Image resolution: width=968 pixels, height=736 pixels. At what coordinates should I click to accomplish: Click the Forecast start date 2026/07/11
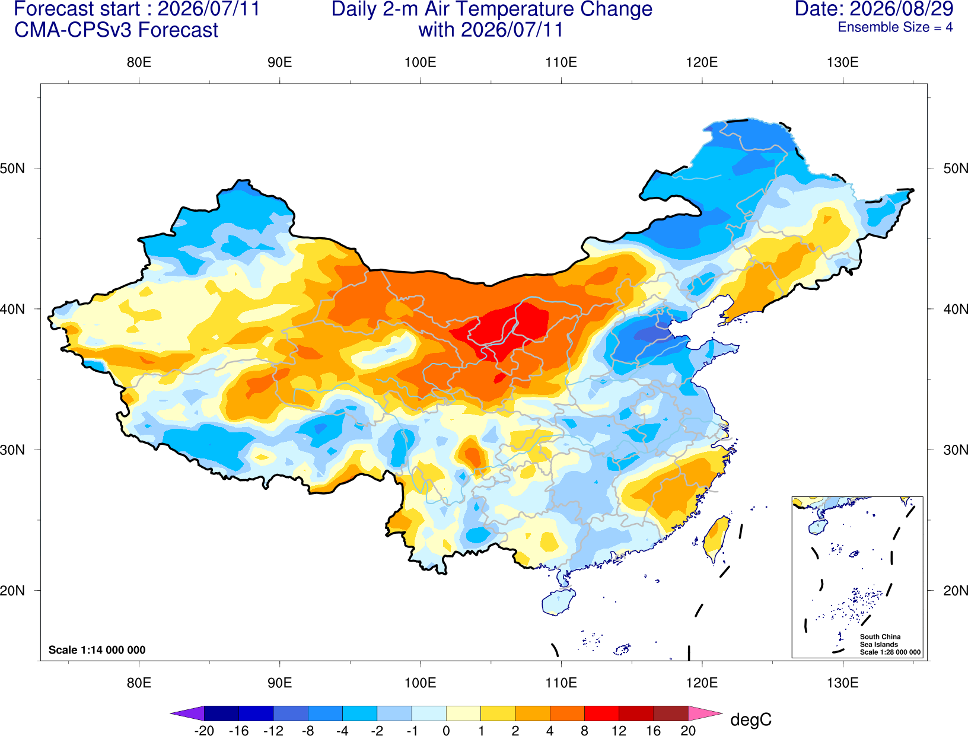[x=209, y=9]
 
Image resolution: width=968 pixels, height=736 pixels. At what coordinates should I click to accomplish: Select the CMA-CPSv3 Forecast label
[x=116, y=30]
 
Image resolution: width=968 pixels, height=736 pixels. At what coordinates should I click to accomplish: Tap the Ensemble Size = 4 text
[x=895, y=27]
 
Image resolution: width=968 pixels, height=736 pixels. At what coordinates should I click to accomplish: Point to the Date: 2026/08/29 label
[x=874, y=9]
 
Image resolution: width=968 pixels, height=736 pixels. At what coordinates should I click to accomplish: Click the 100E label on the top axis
[x=421, y=62]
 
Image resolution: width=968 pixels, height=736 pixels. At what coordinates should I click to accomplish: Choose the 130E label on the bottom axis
[x=843, y=683]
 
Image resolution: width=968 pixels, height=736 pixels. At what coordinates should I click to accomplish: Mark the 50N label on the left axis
[x=12, y=168]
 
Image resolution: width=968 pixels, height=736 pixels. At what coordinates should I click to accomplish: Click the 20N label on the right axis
[x=956, y=591]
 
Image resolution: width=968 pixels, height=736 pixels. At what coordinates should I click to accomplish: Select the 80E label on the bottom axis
[x=139, y=683]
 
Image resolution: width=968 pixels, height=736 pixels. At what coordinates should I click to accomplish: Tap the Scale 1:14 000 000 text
[x=97, y=649]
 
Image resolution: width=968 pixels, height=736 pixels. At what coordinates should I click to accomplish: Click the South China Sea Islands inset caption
[x=890, y=644]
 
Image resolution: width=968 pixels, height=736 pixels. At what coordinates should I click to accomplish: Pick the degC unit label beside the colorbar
[x=750, y=719]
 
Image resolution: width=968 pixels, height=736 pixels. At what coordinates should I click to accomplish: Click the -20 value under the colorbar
[x=204, y=731]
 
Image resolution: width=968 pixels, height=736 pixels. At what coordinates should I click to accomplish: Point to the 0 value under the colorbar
[x=446, y=731]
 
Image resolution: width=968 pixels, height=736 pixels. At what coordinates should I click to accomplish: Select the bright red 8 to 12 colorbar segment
[x=601, y=713]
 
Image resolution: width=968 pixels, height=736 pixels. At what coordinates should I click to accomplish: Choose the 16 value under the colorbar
[x=654, y=731]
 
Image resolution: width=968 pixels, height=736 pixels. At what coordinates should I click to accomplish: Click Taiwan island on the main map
[x=716, y=539]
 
